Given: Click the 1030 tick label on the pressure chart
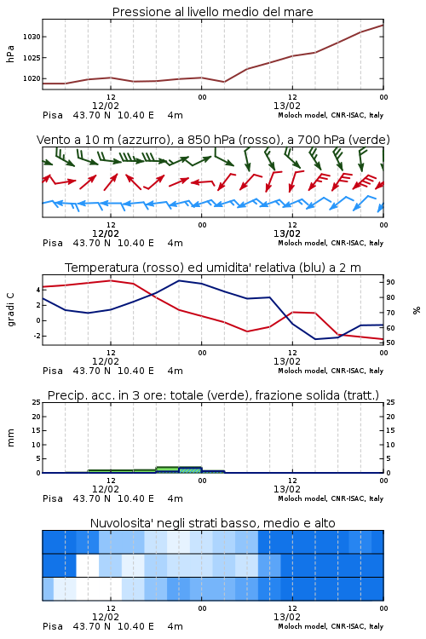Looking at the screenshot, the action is pyautogui.click(x=32, y=37).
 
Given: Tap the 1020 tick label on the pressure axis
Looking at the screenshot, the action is pyautogui.click(x=32, y=78).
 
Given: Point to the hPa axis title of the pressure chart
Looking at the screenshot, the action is pyautogui.click(x=10, y=55).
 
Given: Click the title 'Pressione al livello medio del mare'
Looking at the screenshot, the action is pyautogui.click(x=213, y=12).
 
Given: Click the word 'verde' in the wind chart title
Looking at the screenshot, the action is pyautogui.click(x=369, y=140).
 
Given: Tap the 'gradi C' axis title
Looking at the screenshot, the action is pyautogui.click(x=11, y=309).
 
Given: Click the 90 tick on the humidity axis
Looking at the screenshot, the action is pyautogui.click(x=390, y=282).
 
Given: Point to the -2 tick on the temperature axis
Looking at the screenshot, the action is pyautogui.click(x=37, y=336).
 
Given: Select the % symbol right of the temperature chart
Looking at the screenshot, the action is pyautogui.click(x=417, y=310).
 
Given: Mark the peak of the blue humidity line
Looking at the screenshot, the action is pyautogui.click(x=180, y=280).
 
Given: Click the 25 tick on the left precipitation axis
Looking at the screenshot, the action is pyautogui.click(x=37, y=402).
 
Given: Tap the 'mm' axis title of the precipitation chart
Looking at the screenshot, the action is pyautogui.click(x=10, y=438).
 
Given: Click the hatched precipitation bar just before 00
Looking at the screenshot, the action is pyautogui.click(x=190, y=469).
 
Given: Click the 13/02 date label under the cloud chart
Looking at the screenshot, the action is pyautogui.click(x=287, y=617).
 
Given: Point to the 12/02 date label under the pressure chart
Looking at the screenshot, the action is pyautogui.click(x=106, y=106).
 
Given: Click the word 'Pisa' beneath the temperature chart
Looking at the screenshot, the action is pyautogui.click(x=53, y=371).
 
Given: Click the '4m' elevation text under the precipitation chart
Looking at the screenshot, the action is pyautogui.click(x=175, y=498).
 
